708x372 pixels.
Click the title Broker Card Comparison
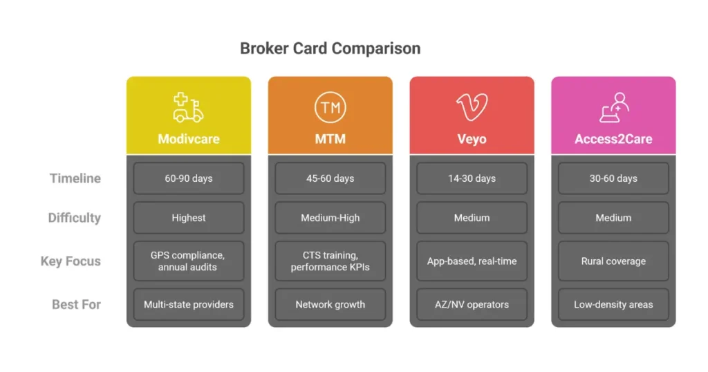(330, 48)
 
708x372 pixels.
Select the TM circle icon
(330, 108)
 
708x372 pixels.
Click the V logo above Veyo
(472, 107)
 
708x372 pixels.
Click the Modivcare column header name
(188, 139)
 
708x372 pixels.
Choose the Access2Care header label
(613, 139)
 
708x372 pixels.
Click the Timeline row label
(75, 178)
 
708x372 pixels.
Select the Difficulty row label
(74, 218)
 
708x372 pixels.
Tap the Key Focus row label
(71, 261)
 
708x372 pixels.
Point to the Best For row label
(76, 304)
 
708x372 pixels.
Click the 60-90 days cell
(189, 178)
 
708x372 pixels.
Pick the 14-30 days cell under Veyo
(472, 178)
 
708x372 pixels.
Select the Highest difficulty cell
(189, 218)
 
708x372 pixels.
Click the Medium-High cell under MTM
(330, 218)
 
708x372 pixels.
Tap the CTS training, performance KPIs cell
(330, 261)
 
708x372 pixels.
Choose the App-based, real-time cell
(472, 261)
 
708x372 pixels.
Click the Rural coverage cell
(613, 261)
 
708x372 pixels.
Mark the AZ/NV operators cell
(472, 304)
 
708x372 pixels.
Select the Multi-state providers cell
(189, 304)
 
